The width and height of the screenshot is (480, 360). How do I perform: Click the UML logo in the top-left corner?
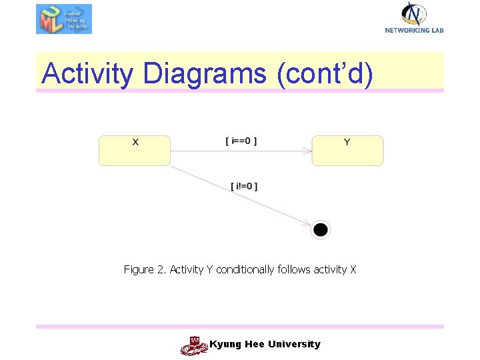[x=63, y=19]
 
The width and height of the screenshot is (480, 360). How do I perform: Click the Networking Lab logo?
[x=414, y=17]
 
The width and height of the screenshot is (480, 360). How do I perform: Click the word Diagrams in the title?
[x=204, y=73]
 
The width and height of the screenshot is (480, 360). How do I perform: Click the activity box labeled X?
[x=135, y=151]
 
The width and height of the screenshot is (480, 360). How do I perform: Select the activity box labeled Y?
[x=347, y=151]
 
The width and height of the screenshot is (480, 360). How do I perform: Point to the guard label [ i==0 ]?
[x=241, y=141]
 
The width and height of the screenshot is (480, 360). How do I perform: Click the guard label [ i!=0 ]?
[x=244, y=186]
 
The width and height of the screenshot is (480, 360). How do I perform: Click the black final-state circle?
[x=321, y=230]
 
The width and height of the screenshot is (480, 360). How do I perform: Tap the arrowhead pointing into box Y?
[x=308, y=151]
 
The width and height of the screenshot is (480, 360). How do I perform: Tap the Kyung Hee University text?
[x=265, y=344]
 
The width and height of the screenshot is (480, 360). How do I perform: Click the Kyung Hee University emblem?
[x=193, y=345]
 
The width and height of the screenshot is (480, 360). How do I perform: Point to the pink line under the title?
[x=240, y=91]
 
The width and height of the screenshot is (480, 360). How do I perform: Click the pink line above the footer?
[x=240, y=327]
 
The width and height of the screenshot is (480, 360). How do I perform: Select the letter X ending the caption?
[x=353, y=269]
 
